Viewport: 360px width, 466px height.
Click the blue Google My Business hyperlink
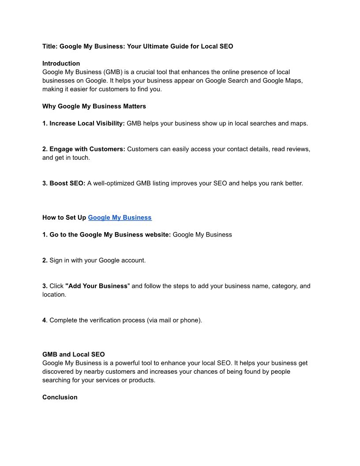click(x=120, y=218)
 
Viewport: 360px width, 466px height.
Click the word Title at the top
click(x=49, y=46)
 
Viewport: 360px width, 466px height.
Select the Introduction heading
click(x=61, y=64)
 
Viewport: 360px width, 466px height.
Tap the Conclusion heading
click(x=60, y=397)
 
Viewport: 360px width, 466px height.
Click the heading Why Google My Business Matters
click(x=94, y=106)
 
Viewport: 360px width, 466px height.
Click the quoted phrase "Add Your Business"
click(x=97, y=286)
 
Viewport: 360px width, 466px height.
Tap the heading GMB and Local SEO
click(x=73, y=354)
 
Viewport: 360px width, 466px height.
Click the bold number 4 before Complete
click(x=44, y=320)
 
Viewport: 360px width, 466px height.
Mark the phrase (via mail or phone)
click(x=174, y=320)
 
